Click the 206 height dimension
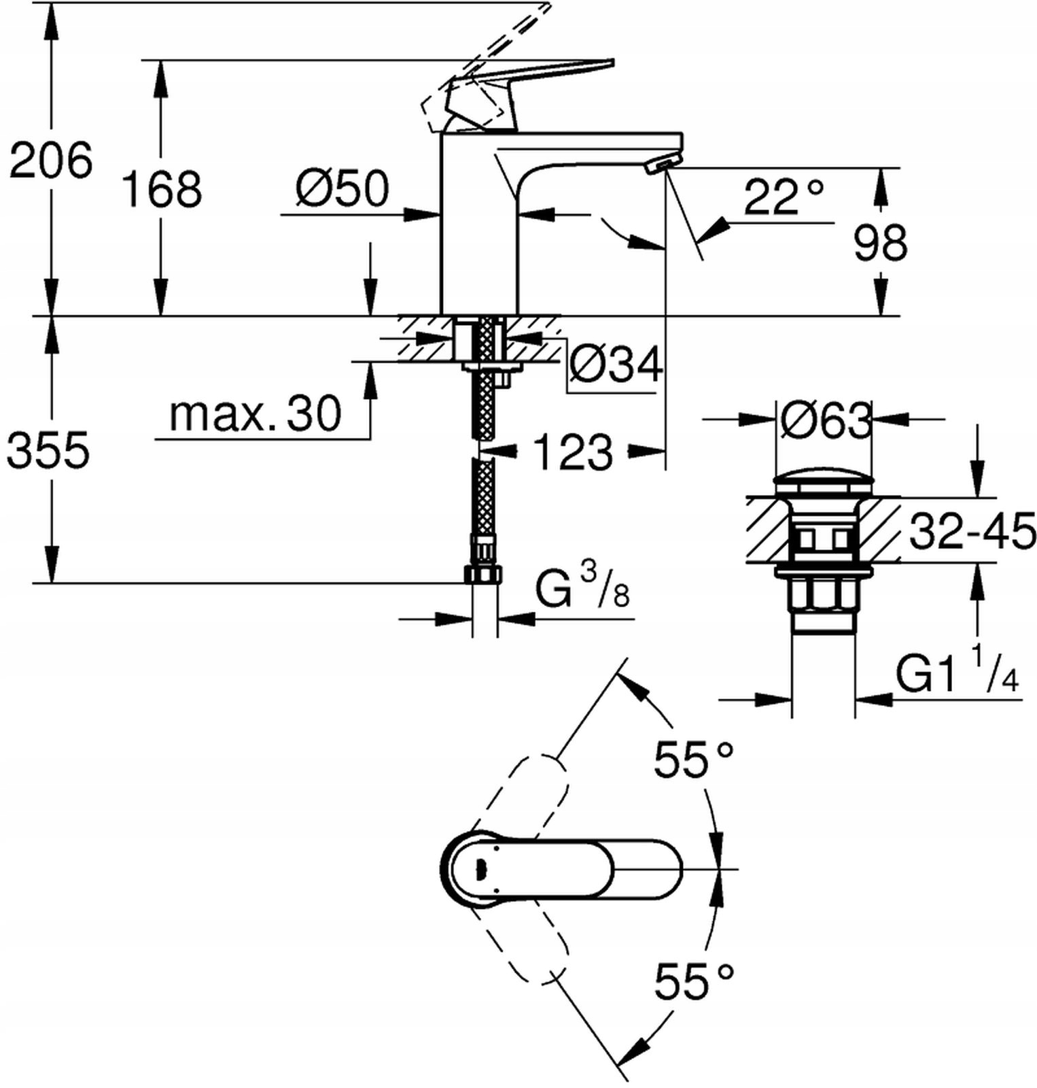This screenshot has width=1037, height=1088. click(x=51, y=161)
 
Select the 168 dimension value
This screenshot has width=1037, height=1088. click(x=161, y=189)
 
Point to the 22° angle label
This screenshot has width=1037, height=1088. click(x=784, y=197)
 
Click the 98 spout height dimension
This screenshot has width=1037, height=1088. click(x=880, y=243)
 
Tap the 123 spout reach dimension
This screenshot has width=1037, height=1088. click(x=572, y=452)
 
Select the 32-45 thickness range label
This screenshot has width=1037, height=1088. click(x=972, y=531)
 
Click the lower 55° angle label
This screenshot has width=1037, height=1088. click(x=693, y=981)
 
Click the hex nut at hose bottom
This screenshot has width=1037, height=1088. click(x=483, y=574)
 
